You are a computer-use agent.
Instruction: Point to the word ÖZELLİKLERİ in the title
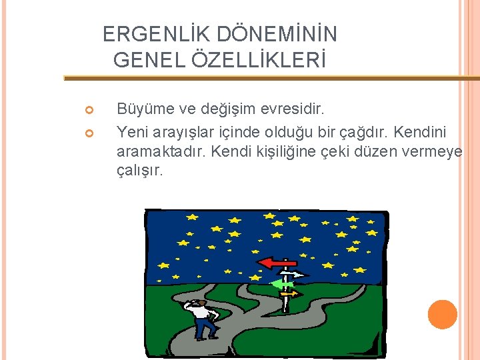click(258, 61)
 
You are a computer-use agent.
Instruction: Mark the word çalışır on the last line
click(139, 171)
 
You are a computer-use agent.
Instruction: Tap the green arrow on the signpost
click(281, 284)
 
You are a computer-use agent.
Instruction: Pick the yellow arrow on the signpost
click(291, 293)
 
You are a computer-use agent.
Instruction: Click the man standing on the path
click(201, 318)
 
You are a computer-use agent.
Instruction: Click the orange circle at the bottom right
click(443, 314)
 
